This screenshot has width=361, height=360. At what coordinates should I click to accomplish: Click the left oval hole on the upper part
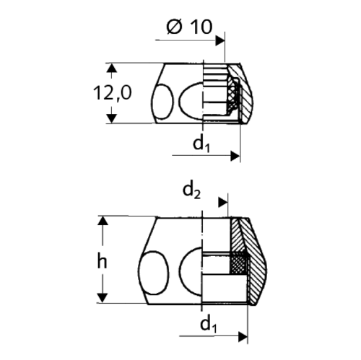coord(163,98)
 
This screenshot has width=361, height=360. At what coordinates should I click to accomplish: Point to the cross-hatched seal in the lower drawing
coord(238,264)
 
